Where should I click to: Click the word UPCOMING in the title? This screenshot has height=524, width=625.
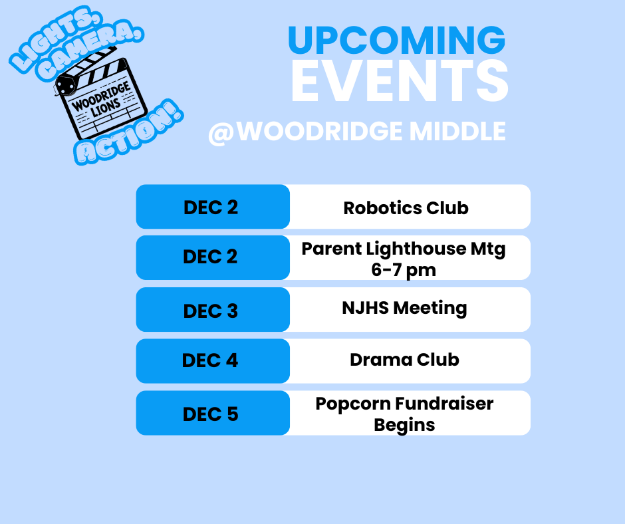[396, 41]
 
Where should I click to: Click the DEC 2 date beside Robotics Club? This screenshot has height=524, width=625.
[210, 207]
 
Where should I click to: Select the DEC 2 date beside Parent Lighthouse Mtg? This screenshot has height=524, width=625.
[210, 257]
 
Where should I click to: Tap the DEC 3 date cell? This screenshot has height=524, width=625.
[210, 311]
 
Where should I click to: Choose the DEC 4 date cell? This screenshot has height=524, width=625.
[210, 360]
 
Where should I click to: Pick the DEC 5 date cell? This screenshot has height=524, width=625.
[210, 414]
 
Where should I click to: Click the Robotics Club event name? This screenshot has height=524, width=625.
[406, 207]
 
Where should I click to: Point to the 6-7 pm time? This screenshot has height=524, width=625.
[404, 269]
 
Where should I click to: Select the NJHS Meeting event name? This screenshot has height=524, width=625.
[404, 308]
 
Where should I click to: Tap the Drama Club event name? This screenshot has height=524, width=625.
[404, 360]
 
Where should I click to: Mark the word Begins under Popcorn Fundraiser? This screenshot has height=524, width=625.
[404, 424]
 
